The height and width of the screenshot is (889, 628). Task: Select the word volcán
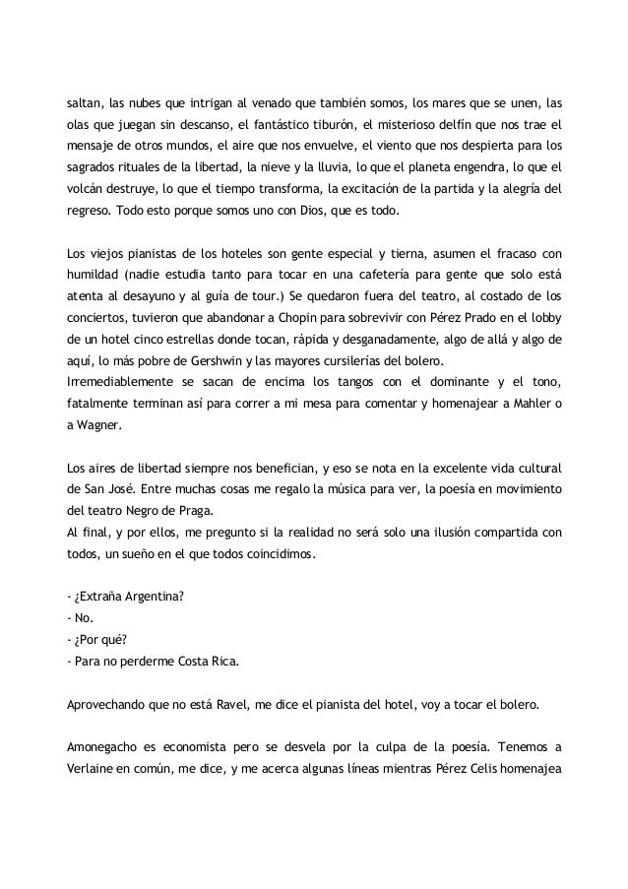pyautogui.click(x=84, y=189)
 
